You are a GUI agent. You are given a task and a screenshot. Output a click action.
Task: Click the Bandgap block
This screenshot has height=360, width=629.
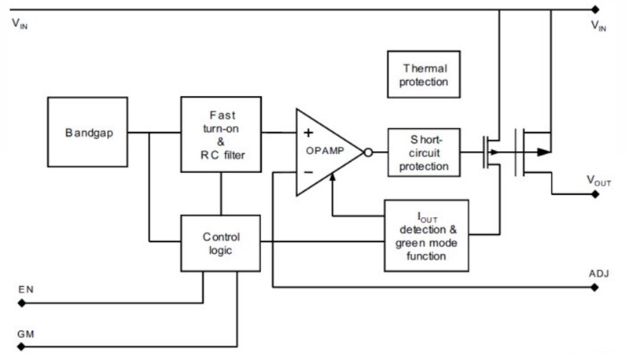tap(87, 131)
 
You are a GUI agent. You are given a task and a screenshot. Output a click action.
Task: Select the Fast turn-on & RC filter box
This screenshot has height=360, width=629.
tap(220, 134)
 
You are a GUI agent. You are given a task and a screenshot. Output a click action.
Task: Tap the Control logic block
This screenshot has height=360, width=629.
tap(220, 243)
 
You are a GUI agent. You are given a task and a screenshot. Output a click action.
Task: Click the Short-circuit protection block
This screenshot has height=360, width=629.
tap(424, 151)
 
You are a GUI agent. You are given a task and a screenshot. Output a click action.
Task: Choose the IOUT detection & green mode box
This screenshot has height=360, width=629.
tap(426, 235)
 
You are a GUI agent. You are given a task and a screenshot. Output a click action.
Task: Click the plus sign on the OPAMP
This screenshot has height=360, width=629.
tap(308, 132)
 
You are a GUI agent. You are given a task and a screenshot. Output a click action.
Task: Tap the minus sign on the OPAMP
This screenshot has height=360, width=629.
tap(308, 171)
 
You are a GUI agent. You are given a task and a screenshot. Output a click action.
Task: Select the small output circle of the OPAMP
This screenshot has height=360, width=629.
tap(367, 151)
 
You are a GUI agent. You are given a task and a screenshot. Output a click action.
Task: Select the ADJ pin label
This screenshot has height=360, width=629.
tap(598, 274)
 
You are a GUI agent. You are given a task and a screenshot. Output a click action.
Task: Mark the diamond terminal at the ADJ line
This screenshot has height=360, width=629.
tap(595, 287)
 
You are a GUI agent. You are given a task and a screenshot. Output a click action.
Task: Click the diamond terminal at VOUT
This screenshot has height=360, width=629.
tap(595, 194)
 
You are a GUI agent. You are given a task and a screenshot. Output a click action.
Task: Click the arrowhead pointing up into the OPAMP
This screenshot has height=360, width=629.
tap(335, 180)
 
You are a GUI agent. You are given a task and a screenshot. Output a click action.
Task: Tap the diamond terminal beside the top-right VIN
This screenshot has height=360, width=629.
tap(595, 10)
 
